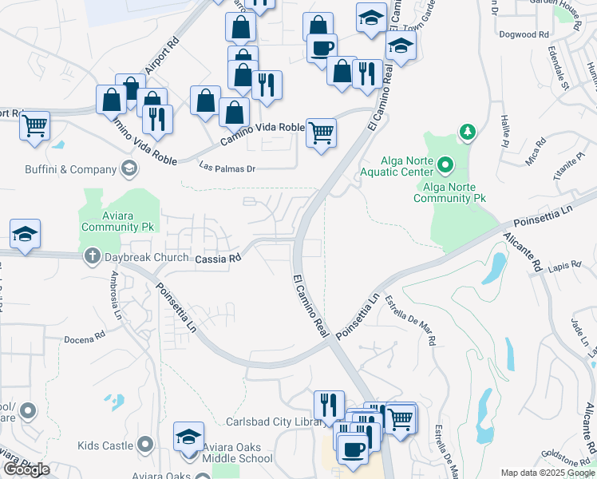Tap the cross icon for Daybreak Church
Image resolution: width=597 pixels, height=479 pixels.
click(x=92, y=257)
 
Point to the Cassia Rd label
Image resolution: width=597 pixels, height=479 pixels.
click(x=218, y=259)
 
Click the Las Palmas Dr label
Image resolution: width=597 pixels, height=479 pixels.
click(x=227, y=168)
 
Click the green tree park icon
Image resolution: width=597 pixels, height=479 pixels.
click(x=465, y=132)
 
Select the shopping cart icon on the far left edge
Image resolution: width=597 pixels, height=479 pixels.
click(x=34, y=125)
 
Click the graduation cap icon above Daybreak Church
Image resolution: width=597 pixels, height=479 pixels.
click(x=25, y=233)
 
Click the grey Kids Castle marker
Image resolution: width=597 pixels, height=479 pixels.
click(x=144, y=444)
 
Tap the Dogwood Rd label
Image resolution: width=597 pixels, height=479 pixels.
click(x=523, y=35)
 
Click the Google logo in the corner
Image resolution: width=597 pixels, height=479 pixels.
click(x=26, y=469)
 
